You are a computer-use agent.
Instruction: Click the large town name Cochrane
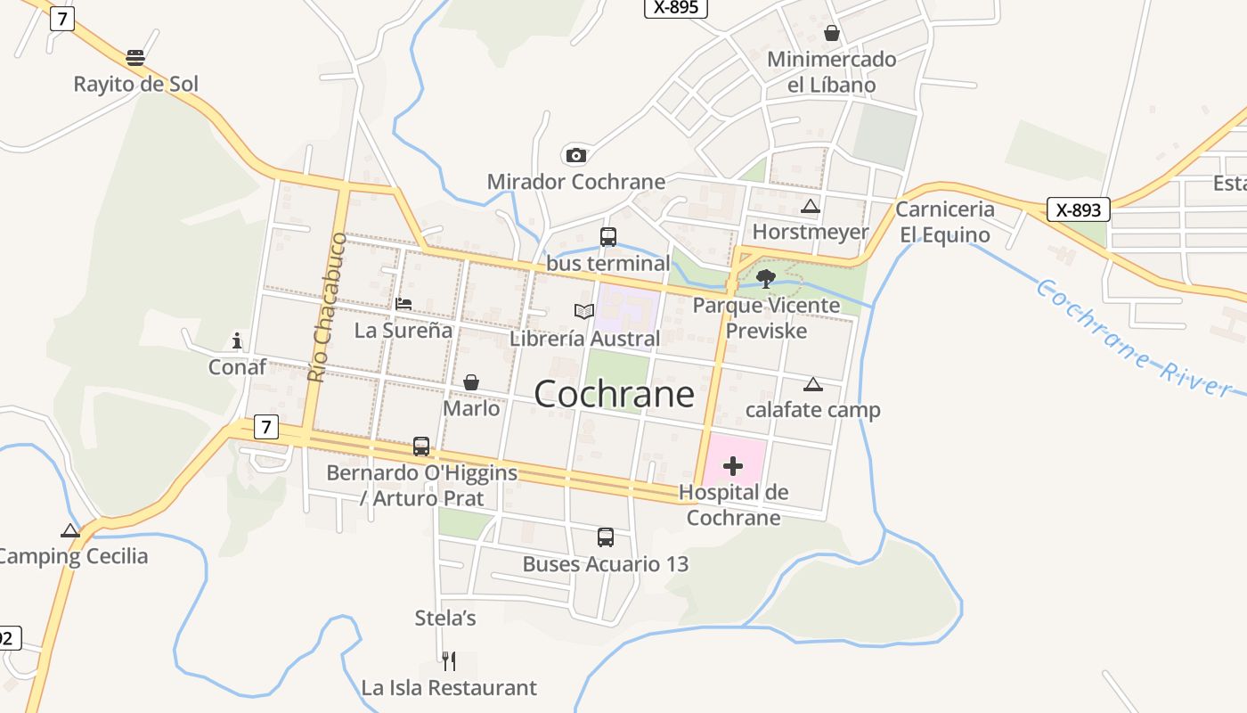tap(614, 394)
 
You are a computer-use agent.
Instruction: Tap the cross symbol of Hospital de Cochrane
tap(733, 466)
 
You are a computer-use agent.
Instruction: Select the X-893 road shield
tap(1079, 210)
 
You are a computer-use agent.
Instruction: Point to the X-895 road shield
tap(676, 7)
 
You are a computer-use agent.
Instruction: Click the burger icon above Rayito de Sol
tap(135, 58)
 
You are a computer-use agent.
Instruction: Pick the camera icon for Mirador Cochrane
tap(576, 156)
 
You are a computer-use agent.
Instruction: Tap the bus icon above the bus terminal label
tap(608, 237)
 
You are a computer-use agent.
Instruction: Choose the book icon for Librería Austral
tap(584, 311)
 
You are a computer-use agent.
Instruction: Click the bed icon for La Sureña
tap(403, 304)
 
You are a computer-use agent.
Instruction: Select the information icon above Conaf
tap(237, 340)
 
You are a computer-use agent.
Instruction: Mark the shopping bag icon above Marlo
tap(471, 382)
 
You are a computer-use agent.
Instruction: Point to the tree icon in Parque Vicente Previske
tap(765, 279)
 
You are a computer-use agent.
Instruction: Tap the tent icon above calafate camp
tap(812, 385)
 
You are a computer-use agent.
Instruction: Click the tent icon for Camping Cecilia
tap(70, 530)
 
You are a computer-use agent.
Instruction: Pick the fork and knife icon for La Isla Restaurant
tap(449, 661)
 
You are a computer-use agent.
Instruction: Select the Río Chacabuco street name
tap(327, 307)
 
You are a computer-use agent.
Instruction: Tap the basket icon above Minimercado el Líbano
tap(832, 34)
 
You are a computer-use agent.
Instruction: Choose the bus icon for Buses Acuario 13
tap(606, 537)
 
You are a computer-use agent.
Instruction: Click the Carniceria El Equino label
tap(944, 222)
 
